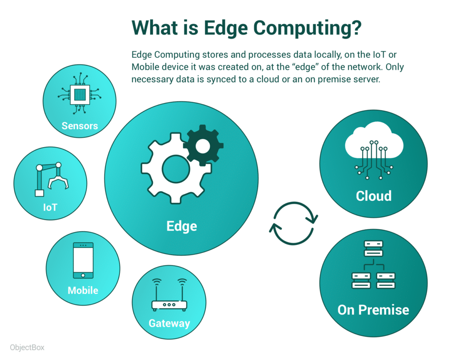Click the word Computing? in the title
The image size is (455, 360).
307,28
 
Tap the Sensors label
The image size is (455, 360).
80,126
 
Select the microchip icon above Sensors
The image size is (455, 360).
80,93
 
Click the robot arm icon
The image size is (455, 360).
52,179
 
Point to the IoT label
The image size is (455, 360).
50,207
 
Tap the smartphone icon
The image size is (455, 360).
83,260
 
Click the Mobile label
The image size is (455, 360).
83,290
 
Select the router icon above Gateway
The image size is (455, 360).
169,295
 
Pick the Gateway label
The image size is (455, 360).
169,324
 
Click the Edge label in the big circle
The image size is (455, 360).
182,226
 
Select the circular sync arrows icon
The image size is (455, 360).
293,223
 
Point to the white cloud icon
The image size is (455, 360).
374,140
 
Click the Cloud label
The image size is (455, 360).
374,196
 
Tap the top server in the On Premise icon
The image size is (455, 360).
374,248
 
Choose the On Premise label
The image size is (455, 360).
373,310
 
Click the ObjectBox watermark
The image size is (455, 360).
27,348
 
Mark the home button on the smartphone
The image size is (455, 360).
83,275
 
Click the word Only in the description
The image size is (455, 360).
395,67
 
